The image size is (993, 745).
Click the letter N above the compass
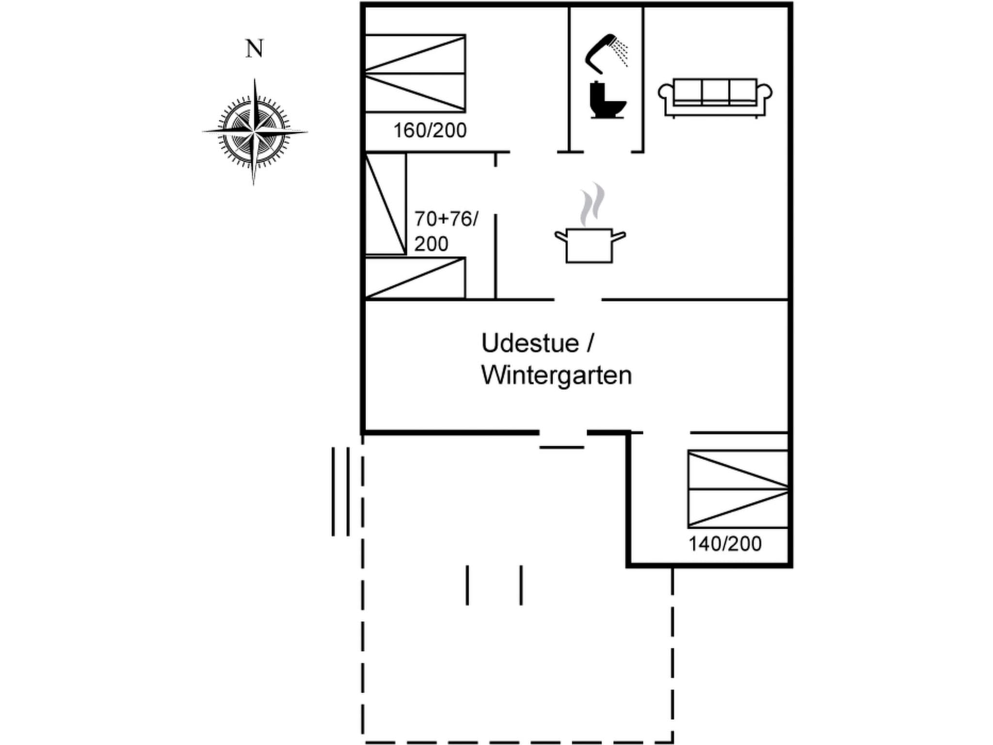point(255,49)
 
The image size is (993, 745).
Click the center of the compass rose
point(254,131)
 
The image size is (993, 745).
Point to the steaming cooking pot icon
point(590,245)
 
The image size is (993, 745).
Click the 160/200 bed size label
point(430,130)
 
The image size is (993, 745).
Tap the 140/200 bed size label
point(725,544)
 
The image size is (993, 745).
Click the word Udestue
point(530,343)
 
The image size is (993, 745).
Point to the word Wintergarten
point(556,376)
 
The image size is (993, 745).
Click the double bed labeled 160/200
point(415,73)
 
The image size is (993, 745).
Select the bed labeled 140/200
point(737,489)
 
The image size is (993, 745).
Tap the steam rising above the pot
point(593,204)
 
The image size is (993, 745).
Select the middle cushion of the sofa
point(715,91)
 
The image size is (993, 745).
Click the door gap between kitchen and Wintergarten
point(578,300)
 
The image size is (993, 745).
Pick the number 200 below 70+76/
point(431,243)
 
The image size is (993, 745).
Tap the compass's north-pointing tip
point(255,81)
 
